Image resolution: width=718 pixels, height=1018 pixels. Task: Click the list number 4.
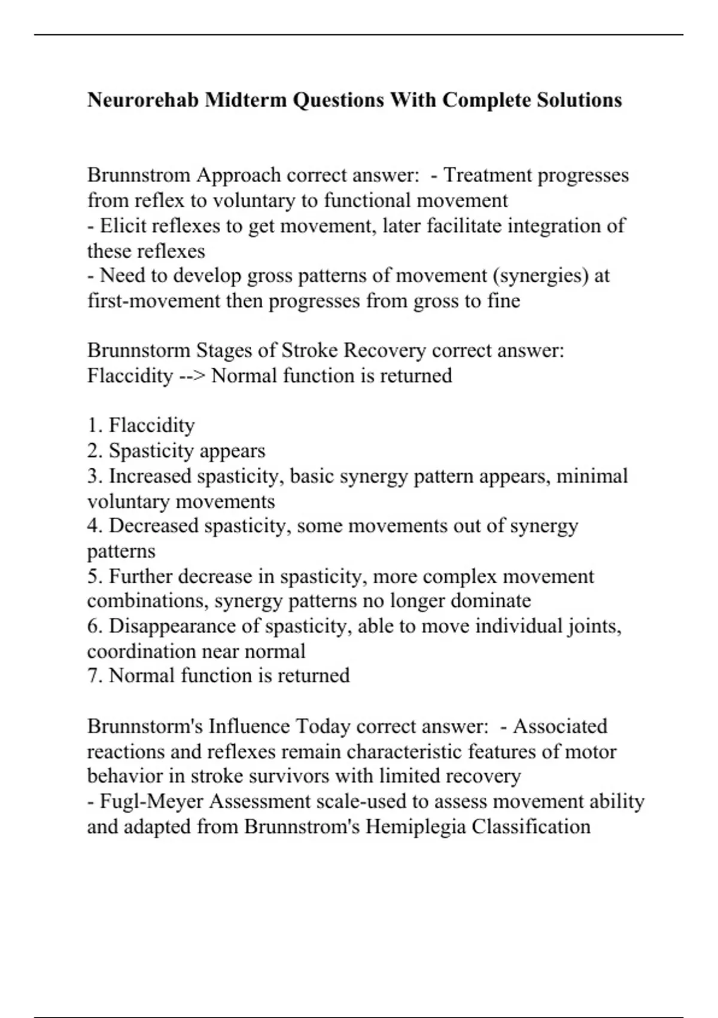pos(95,526)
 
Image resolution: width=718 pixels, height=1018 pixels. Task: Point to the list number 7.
pos(95,676)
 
